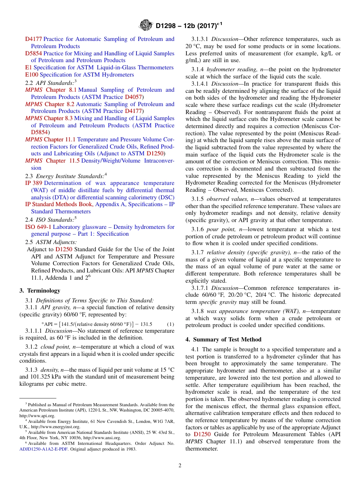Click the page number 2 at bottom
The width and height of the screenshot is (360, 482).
180,465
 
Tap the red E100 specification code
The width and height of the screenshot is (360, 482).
31,75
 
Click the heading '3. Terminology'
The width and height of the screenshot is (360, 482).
39,291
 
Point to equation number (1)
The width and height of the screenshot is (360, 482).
170,324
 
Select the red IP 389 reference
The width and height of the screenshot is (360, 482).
34,183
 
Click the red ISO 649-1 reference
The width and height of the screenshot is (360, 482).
38,227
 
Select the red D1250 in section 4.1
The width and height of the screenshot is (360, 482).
202,434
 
